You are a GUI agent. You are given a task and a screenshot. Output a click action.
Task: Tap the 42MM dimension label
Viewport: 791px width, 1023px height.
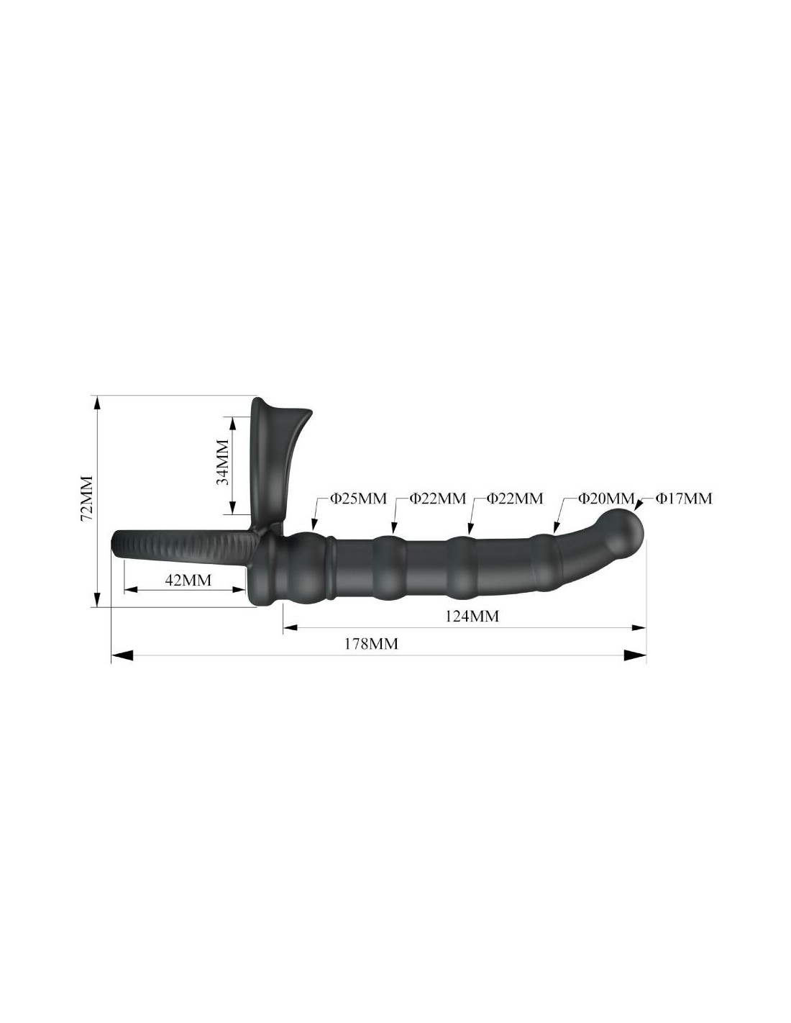(x=188, y=580)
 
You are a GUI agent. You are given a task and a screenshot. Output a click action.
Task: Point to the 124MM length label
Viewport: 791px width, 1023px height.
(x=472, y=617)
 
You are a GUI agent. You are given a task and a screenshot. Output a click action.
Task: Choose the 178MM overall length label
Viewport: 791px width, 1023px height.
(x=371, y=644)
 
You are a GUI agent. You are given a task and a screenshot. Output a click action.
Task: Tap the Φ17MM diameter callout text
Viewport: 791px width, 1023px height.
(x=684, y=498)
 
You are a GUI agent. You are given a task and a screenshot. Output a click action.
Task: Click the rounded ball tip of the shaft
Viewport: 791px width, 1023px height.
(x=626, y=529)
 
